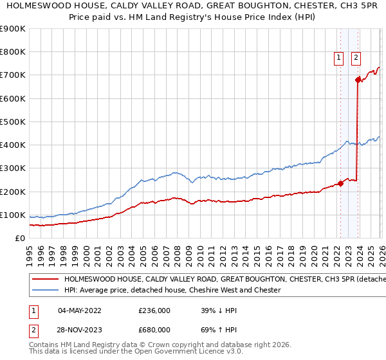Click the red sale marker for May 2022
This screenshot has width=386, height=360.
point(340,183)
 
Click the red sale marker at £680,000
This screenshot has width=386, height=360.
point(358,80)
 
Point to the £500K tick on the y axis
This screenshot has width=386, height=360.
point(14,122)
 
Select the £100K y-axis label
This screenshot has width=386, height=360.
point(14,215)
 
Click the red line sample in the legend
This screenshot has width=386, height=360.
point(45,280)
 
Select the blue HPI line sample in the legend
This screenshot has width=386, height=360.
point(45,291)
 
